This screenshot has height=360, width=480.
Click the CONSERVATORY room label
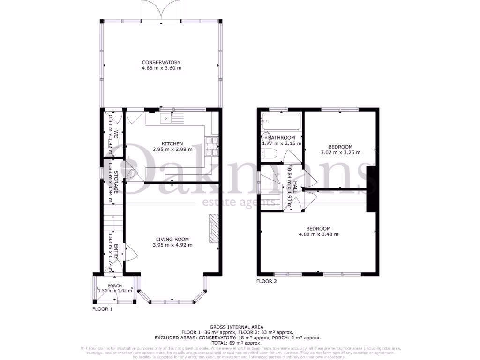pyautogui.click(x=161, y=62)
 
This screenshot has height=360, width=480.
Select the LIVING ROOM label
pyautogui.click(x=174, y=239)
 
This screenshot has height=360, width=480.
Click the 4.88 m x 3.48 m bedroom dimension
pyautogui.click(x=319, y=234)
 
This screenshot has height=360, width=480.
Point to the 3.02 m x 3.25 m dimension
pyautogui.click(x=340, y=152)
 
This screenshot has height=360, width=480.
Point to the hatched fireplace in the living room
pyautogui.click(x=214, y=228)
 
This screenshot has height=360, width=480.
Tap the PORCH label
pyautogui.click(x=114, y=286)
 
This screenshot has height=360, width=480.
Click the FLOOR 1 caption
pyautogui.click(x=102, y=309)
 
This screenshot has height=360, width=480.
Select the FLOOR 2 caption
pyautogui.click(x=266, y=282)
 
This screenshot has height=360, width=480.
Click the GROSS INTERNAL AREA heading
pyautogui.click(x=236, y=327)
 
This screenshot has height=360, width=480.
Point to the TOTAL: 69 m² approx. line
pyautogui.click(x=236, y=343)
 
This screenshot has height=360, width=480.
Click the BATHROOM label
pyautogui.click(x=281, y=138)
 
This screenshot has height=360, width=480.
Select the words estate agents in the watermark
pyautogui.click(x=239, y=202)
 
